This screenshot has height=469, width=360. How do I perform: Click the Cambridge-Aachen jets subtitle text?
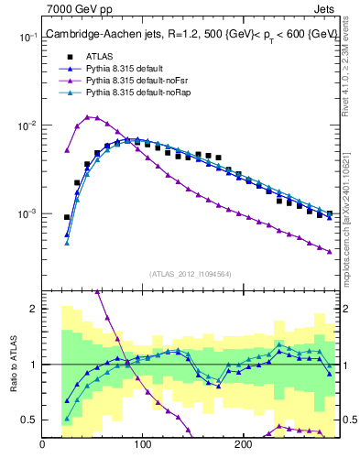[191, 34]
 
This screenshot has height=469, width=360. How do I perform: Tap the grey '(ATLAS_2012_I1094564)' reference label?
[191, 274]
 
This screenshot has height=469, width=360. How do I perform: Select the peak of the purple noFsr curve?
[88, 117]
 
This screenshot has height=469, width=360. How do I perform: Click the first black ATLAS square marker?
[67, 217]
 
